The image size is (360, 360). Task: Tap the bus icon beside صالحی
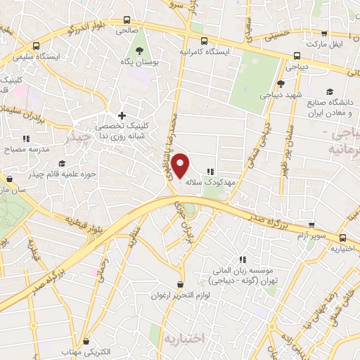tap(127, 20)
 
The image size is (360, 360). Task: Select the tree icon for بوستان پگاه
tap(140, 50)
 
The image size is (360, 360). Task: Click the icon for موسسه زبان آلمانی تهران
tap(243, 259)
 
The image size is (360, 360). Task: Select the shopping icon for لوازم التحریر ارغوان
tap(181, 284)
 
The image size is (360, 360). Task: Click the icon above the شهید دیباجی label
tap(281, 84)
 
